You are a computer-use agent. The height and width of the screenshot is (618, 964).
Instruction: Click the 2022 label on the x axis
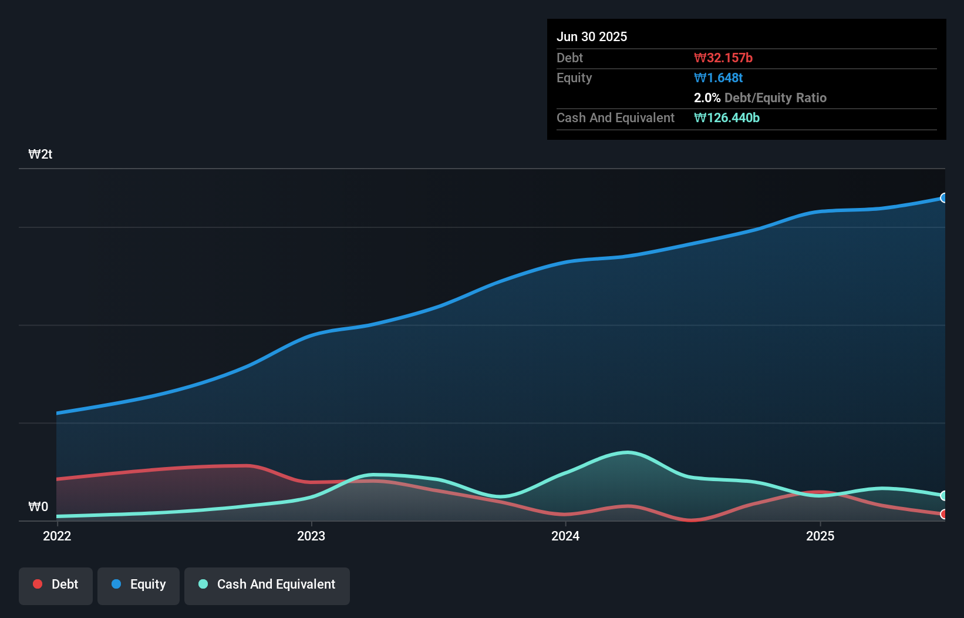tap(57, 536)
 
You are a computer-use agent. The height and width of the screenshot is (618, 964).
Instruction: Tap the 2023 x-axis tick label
tap(311, 536)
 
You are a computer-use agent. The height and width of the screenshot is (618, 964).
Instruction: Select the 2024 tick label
tap(565, 536)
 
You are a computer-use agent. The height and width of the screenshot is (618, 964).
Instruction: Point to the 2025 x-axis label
tap(820, 536)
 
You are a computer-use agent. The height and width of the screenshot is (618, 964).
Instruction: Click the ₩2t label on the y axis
tap(41, 154)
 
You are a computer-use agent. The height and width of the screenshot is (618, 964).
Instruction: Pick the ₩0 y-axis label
tap(38, 506)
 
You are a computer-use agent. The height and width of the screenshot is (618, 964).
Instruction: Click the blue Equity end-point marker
tap(944, 198)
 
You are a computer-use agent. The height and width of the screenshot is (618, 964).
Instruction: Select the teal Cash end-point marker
tap(944, 496)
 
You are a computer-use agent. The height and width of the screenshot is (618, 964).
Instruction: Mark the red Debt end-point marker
tap(944, 514)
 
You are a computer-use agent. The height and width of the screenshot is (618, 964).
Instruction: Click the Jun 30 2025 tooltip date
tap(592, 36)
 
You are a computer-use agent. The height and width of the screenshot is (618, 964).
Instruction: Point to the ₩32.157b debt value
tap(723, 58)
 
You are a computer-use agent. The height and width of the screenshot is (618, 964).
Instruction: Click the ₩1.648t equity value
tap(719, 78)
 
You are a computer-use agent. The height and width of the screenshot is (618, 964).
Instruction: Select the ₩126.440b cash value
tap(727, 117)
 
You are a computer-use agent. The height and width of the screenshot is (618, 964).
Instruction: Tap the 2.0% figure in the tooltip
tap(707, 98)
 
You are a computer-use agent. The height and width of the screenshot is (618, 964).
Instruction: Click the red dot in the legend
tap(38, 584)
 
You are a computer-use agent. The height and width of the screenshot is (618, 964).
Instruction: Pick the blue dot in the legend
tap(116, 584)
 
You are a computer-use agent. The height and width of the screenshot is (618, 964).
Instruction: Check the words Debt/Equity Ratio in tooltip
tap(776, 98)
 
